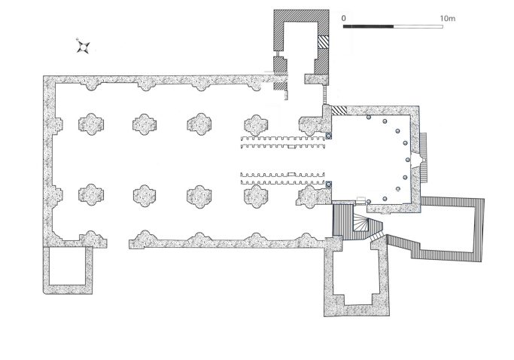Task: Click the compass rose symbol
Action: point(84,47)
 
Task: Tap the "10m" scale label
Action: point(448,18)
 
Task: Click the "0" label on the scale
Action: point(343,18)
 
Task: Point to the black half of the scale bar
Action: point(368,26)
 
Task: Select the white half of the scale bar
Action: point(418,26)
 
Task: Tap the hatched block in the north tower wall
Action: point(323,42)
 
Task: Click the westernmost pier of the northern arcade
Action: point(91,124)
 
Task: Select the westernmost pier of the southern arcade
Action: point(91,195)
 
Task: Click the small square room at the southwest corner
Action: point(67,266)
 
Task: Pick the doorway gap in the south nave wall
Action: point(117,243)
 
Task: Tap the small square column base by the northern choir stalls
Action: point(328,136)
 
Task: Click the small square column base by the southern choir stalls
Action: point(328,184)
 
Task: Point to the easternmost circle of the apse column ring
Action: point(408,160)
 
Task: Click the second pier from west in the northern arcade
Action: point(144,124)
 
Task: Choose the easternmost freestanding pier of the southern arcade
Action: point(256,196)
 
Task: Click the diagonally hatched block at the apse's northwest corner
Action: point(339,110)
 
